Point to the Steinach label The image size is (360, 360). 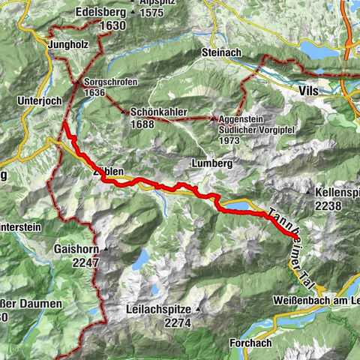point(220,53)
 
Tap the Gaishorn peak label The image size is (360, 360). point(76,249)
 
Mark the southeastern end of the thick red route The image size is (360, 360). point(289,236)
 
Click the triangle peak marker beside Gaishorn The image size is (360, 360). point(106,249)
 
